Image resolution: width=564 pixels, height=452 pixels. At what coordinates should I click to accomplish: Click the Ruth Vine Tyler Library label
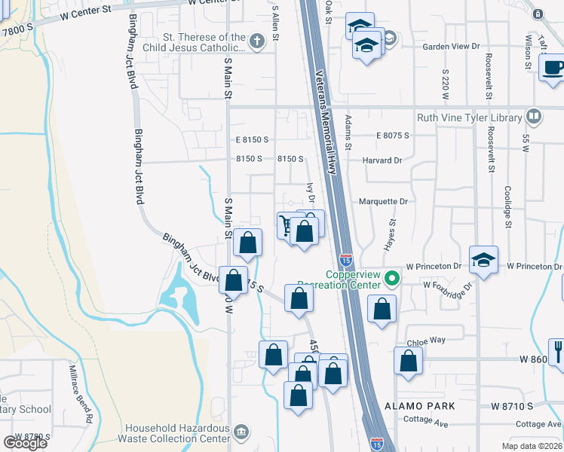click(470, 118)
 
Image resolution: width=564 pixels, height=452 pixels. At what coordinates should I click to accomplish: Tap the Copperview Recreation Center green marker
click(391, 279)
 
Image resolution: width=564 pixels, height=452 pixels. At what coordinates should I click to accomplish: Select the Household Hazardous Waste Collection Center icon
click(241, 432)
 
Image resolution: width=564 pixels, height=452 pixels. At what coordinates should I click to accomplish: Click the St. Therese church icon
click(257, 42)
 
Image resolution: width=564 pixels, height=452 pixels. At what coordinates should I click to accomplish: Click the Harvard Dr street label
click(382, 160)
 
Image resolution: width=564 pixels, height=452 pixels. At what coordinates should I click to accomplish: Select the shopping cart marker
click(287, 225)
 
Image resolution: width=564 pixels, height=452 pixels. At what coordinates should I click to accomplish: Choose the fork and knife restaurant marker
click(558, 350)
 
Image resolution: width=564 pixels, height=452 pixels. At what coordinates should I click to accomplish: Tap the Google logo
click(26, 443)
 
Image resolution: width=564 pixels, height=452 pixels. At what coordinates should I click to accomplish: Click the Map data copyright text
click(531, 446)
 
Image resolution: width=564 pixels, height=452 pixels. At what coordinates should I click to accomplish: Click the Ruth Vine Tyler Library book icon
click(533, 116)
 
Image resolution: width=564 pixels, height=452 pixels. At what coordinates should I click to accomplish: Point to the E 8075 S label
click(393, 136)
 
